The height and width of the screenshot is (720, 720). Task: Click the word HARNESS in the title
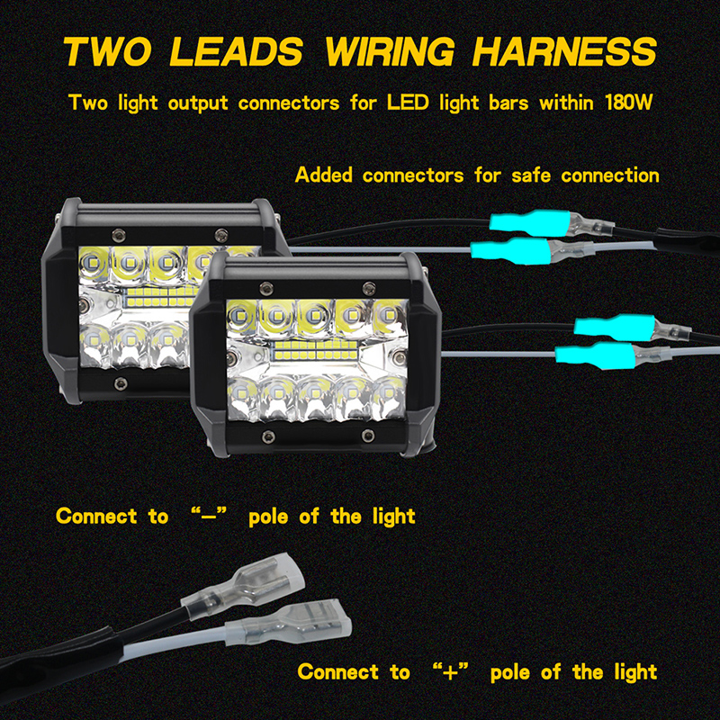(x=564, y=50)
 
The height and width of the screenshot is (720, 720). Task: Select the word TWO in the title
(x=107, y=50)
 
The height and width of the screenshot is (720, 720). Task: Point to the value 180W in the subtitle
(x=628, y=103)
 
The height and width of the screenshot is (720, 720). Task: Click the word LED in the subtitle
(x=408, y=103)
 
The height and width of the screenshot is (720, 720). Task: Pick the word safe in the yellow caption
(x=531, y=175)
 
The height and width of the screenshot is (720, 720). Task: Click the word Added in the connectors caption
(x=324, y=175)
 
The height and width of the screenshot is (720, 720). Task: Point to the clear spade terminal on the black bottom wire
(x=244, y=587)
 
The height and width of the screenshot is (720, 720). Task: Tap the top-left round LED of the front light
(x=240, y=316)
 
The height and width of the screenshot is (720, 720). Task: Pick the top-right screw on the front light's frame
(x=368, y=289)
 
